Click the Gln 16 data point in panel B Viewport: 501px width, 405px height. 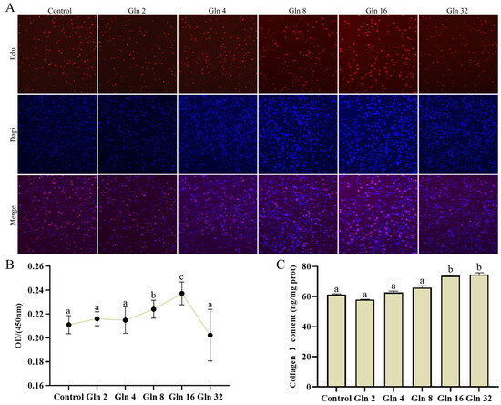coord(182,294)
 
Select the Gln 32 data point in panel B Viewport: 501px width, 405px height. coord(210,336)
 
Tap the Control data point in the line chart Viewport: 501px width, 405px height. coord(68,325)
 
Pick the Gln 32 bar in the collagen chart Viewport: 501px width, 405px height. coord(479,331)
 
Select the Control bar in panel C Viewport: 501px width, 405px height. coord(336,341)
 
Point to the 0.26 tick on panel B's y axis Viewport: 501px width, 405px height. coord(48,266)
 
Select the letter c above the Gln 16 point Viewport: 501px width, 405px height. coord(182,277)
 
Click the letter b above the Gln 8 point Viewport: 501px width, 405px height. coord(154,294)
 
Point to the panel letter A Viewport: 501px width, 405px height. coord(10,7)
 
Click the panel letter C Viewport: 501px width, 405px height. coord(281,265)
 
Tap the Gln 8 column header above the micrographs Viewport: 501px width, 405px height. coord(298,11)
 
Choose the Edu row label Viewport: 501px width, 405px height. coord(13,54)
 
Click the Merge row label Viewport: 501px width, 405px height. coord(13,215)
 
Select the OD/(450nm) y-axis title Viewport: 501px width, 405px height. coord(19,326)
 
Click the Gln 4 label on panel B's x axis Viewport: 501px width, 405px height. coord(126,397)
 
